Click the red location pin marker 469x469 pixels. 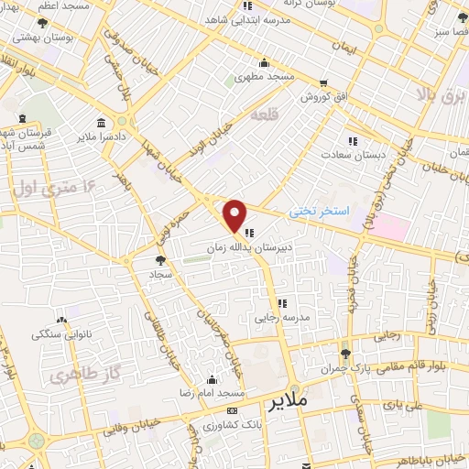click(235, 215)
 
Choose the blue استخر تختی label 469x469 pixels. click(320, 211)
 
